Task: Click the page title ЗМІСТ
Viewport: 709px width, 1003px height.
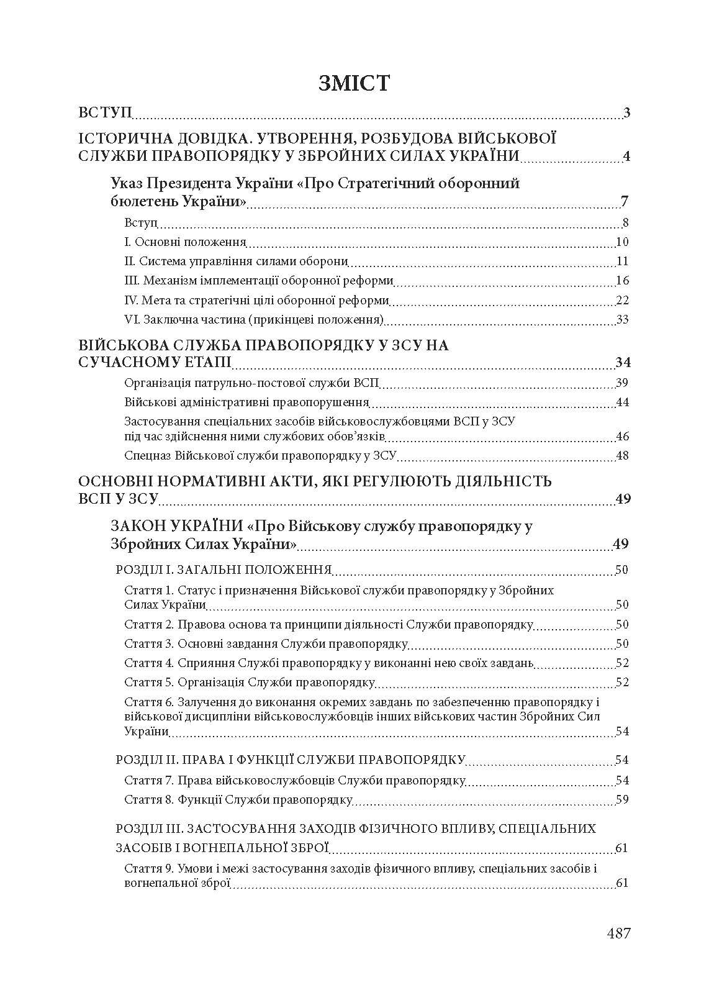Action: (354, 83)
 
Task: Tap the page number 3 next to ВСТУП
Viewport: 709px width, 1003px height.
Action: (626, 113)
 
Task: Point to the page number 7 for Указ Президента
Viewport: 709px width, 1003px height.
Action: (625, 201)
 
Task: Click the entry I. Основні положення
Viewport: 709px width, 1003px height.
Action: (185, 242)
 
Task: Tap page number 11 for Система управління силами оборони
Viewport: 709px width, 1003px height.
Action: (623, 261)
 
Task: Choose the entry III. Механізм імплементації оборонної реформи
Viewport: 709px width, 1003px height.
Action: (259, 281)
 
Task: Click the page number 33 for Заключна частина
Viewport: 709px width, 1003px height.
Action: (623, 320)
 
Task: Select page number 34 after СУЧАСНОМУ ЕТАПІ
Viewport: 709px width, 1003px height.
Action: (622, 363)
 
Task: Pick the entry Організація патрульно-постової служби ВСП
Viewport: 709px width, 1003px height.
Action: (251, 383)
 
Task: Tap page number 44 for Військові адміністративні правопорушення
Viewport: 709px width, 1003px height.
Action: (623, 402)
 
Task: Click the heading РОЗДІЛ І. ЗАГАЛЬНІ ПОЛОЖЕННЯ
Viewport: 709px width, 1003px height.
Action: (224, 570)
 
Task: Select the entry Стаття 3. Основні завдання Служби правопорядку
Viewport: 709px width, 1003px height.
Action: (266, 643)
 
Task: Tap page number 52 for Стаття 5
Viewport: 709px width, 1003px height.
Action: (623, 683)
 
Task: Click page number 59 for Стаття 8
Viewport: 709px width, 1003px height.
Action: (623, 799)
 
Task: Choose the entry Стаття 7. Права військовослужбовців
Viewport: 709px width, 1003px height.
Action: (295, 780)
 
